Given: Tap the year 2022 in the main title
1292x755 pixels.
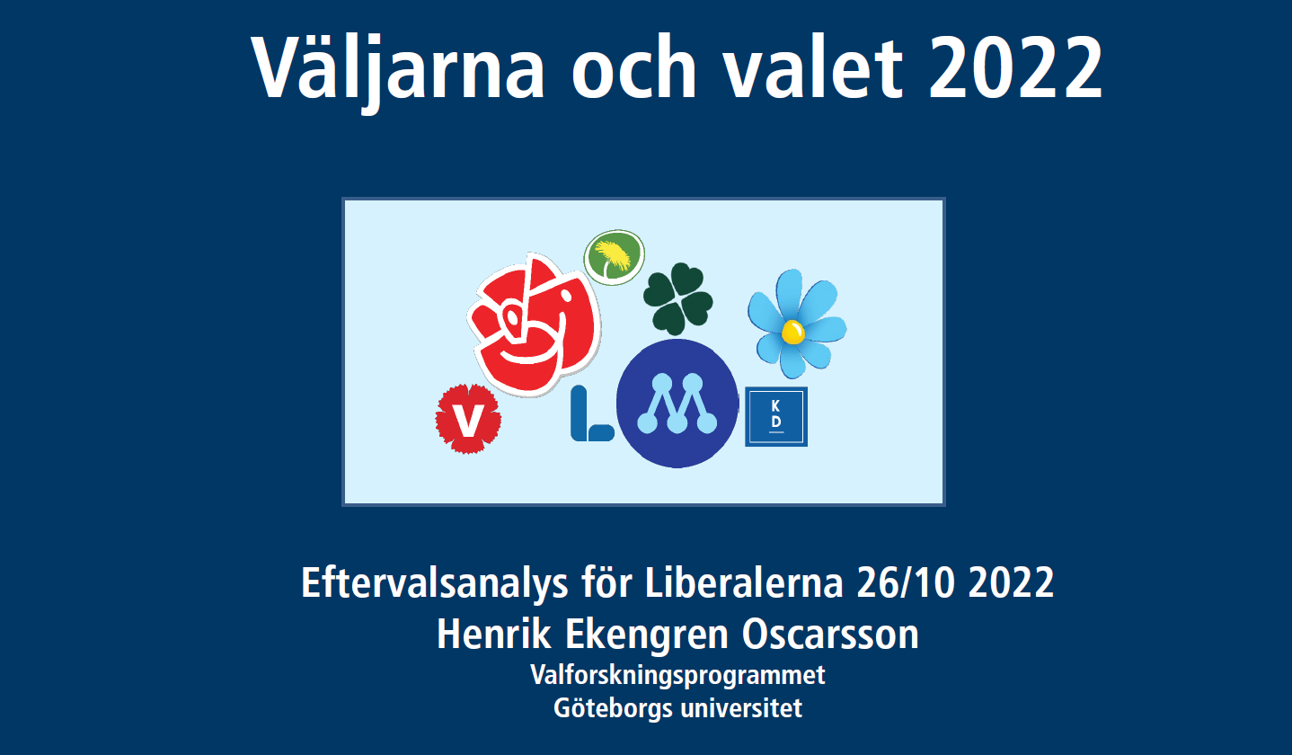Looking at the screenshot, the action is [x=1015, y=67].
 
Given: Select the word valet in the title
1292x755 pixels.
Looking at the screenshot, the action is [x=813, y=67].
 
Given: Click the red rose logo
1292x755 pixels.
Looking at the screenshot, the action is [x=534, y=325].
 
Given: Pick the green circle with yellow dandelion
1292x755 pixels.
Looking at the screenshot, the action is [x=614, y=257].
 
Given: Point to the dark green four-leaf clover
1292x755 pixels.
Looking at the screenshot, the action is [x=678, y=298].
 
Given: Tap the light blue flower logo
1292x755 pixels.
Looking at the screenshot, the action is [x=797, y=324].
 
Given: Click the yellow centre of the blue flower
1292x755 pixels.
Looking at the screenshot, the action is [x=793, y=333].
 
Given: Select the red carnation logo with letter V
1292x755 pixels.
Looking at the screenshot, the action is [x=468, y=419].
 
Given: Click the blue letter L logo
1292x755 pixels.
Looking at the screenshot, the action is [x=590, y=414].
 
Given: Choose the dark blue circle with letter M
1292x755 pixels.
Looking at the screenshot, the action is [x=677, y=404].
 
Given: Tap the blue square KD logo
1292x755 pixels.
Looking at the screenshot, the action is [x=775, y=417].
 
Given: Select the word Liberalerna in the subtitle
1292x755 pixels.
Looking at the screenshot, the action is [x=744, y=582].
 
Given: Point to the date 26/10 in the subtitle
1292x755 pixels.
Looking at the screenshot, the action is [x=906, y=582].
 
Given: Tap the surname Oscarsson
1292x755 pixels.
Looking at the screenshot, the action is [x=830, y=635].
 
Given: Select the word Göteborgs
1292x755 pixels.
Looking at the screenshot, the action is [x=613, y=708].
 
